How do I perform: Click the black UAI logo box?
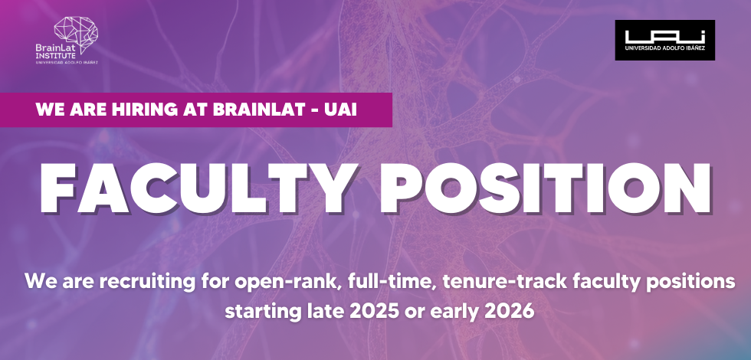point(664,40)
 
